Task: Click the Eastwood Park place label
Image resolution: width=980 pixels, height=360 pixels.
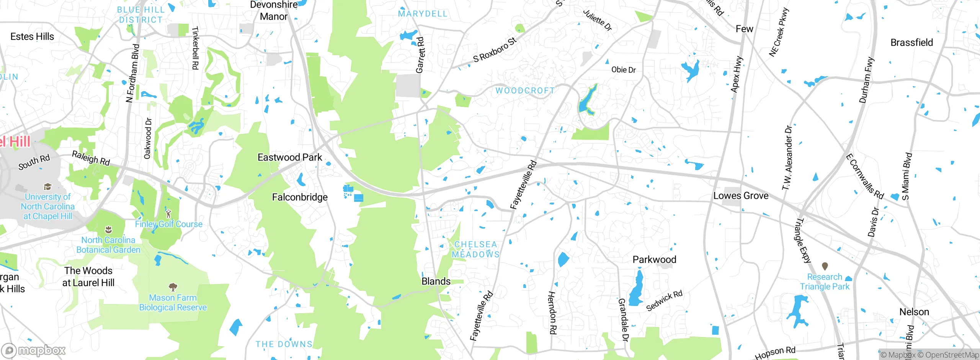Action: pos(290,157)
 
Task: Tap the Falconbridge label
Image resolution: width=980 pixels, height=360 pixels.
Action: pos(300,197)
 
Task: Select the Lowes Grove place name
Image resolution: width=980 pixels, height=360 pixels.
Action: pos(741,196)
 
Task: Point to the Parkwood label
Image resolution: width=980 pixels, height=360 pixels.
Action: pos(654,260)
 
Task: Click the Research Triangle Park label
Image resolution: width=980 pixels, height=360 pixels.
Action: pos(825,281)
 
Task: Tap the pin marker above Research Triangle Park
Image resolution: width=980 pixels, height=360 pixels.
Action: pos(825,266)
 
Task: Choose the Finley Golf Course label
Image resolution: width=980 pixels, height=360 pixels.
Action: pos(168,224)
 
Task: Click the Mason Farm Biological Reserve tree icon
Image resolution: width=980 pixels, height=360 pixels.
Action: pos(173,286)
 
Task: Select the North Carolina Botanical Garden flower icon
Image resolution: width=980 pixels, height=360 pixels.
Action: pos(109,230)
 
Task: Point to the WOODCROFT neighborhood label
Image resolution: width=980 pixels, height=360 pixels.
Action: pos(525,91)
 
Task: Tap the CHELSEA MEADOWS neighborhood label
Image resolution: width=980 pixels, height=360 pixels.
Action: pos(476,249)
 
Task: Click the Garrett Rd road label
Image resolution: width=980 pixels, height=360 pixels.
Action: pos(420,55)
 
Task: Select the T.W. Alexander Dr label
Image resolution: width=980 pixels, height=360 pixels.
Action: pos(787,158)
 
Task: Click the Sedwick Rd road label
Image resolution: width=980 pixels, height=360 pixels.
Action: pos(664,301)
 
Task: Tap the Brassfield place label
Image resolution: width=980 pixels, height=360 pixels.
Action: pos(911,43)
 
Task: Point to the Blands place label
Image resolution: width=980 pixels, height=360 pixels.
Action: pos(436,281)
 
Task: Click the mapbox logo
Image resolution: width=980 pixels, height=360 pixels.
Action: pos(34,350)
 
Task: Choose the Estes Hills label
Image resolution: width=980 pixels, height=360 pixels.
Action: pos(32,37)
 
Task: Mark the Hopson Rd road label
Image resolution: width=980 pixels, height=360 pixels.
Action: pos(775,352)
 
